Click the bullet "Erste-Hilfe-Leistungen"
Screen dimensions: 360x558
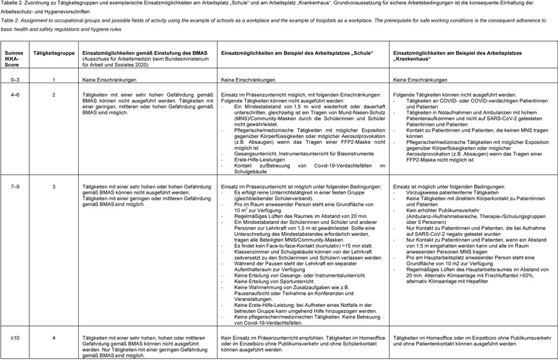(x=257, y=160)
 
